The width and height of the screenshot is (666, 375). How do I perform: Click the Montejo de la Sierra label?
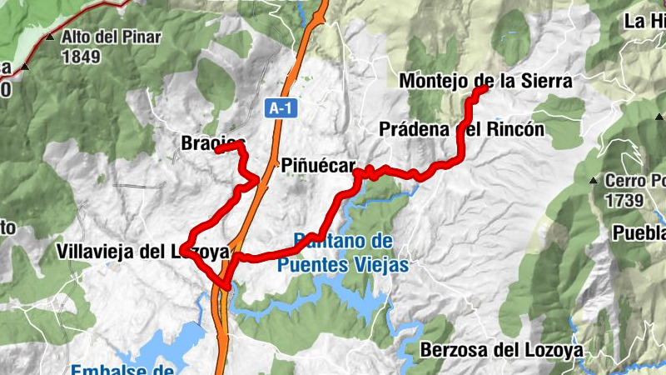coord(486,81)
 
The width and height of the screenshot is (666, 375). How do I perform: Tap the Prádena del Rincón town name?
coord(461,130)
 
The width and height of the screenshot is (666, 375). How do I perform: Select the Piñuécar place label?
coord(318,165)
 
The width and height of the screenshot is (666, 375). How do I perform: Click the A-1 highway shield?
coord(282,107)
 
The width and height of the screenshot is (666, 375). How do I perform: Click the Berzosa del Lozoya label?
coord(502,349)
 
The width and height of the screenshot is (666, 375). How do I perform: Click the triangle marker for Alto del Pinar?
coord(51,37)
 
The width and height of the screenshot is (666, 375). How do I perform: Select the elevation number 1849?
coord(81,57)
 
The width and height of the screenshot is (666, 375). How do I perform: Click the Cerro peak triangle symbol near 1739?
coord(593,180)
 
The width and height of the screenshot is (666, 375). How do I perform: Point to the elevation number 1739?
coord(624,201)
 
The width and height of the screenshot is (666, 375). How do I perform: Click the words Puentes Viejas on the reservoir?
coord(344,266)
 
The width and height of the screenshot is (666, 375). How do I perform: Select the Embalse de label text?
coord(122,370)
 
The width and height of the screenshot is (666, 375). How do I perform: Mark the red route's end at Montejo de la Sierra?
coord(485,88)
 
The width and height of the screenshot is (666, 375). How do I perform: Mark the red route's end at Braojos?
coord(217,150)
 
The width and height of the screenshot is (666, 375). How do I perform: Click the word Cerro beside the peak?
coord(625,181)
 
